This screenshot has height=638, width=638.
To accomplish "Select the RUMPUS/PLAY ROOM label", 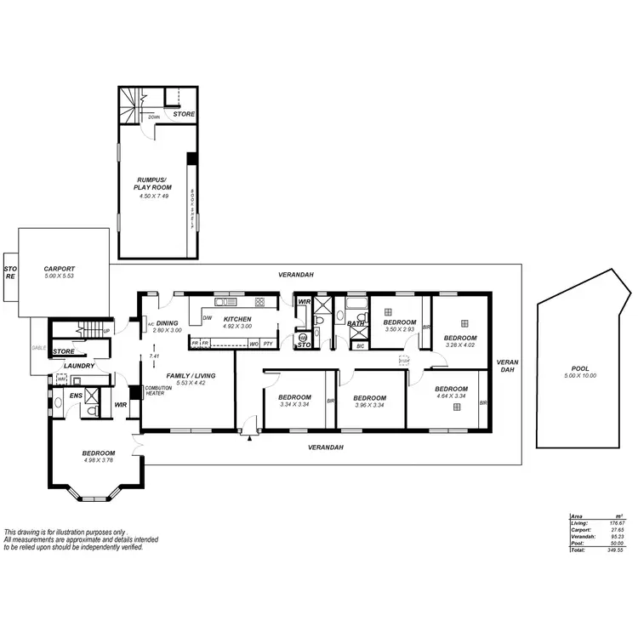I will pyautogui.click(x=155, y=183).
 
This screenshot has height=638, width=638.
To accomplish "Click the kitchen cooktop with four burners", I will pyautogui.click(x=260, y=302).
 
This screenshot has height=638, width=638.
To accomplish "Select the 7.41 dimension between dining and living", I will pyautogui.click(x=153, y=356).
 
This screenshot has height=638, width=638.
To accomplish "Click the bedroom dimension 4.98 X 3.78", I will pyautogui.click(x=99, y=461).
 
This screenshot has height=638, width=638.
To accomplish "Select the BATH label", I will pyautogui.click(x=356, y=323).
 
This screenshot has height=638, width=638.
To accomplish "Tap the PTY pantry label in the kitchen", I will pyautogui.click(x=268, y=344).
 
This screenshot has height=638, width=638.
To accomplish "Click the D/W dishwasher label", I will pyautogui.click(x=207, y=318).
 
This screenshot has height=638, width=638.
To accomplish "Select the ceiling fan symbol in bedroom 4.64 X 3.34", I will pyautogui.click(x=457, y=407).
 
